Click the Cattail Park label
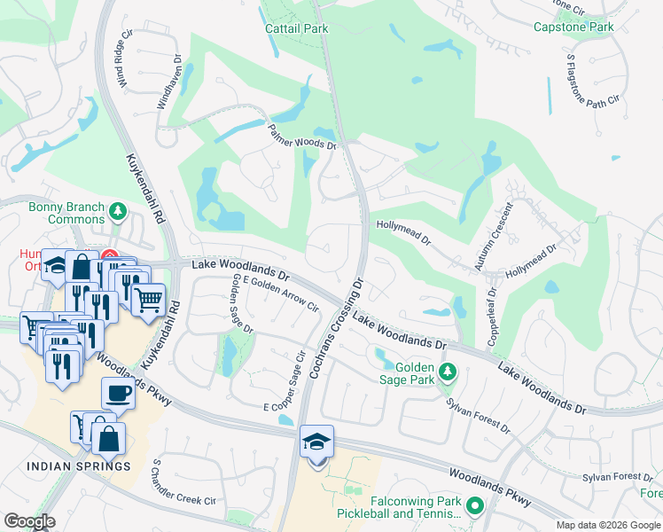[x=297, y=28]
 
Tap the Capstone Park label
[x=573, y=27]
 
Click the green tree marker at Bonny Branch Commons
[x=117, y=212]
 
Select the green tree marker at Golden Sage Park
[x=448, y=371]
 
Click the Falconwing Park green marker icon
[x=474, y=506]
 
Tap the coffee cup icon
[x=118, y=393]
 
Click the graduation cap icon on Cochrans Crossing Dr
[x=316, y=441]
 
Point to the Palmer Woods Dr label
[x=302, y=137]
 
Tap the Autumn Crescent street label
[x=494, y=237]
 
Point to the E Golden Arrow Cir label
[x=280, y=294]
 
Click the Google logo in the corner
[x=29, y=520]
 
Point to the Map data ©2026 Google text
[x=609, y=525]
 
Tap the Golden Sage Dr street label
[x=242, y=304]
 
